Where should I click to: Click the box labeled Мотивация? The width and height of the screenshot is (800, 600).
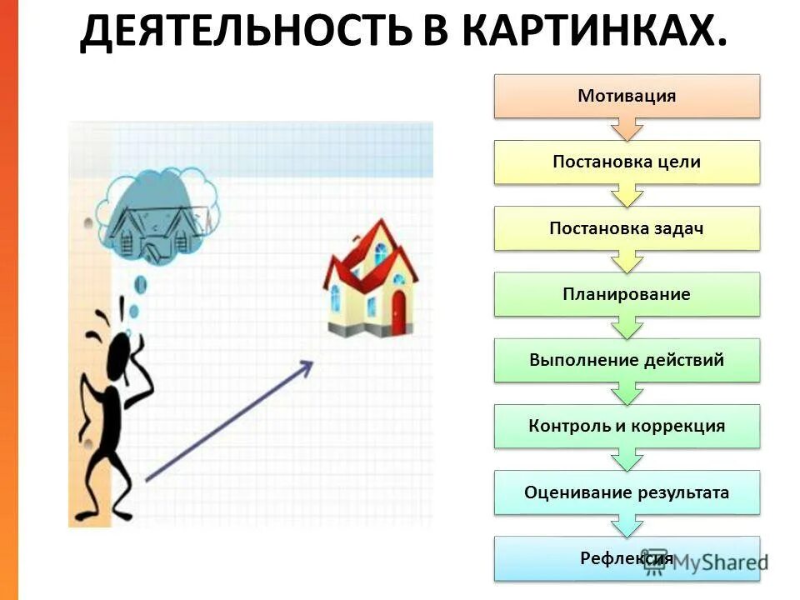pos(627,96)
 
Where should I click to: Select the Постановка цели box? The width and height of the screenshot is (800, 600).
pos(627,162)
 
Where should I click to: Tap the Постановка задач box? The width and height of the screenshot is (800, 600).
pos(627,228)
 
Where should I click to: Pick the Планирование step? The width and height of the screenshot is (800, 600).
pos(627,294)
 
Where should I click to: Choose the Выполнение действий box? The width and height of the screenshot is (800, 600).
pos(627,360)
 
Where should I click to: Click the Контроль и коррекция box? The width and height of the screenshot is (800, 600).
pos(627,426)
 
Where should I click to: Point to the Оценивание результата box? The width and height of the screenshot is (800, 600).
pos(627,492)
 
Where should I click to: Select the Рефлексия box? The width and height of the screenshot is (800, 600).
pos(627,558)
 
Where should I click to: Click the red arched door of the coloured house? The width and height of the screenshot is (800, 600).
pos(398,310)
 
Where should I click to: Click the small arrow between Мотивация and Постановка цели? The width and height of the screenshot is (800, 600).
pos(627,128)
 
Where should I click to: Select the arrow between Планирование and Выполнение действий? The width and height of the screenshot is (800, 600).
pos(627,327)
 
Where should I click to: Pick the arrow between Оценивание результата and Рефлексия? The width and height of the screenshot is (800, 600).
pos(627,525)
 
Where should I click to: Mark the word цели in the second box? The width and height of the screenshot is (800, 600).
pos(681,162)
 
